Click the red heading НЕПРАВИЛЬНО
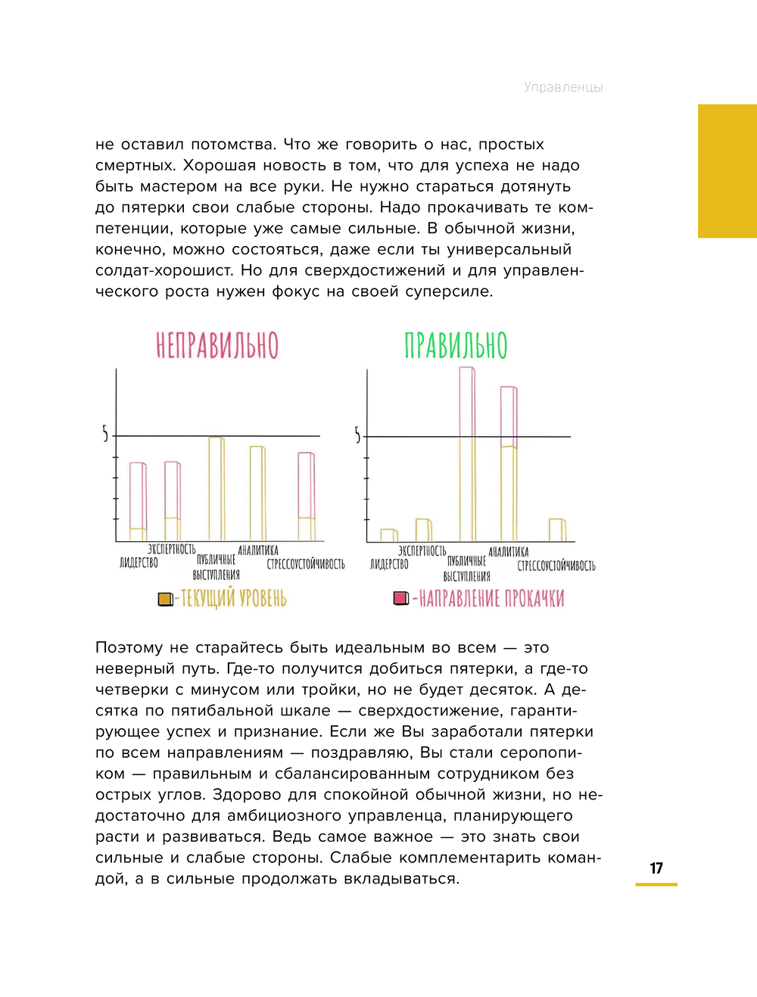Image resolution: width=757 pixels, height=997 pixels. (217, 345)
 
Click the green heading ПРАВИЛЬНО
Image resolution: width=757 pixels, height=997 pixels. (456, 345)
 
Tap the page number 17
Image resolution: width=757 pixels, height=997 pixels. (656, 868)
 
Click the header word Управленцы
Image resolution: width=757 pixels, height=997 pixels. (563, 87)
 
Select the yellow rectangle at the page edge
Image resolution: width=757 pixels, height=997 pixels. (727, 171)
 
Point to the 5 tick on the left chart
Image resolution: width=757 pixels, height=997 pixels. (105, 434)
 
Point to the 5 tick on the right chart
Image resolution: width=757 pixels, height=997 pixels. (357, 435)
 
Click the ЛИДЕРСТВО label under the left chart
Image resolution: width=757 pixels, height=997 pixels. (139, 562)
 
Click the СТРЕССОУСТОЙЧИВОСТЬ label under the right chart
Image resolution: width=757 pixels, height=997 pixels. (556, 565)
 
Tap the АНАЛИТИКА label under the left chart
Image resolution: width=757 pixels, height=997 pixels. (258, 550)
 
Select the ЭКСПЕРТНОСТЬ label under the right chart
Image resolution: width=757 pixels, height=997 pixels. (422, 551)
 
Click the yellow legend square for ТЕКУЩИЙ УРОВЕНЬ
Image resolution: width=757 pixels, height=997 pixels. (165, 600)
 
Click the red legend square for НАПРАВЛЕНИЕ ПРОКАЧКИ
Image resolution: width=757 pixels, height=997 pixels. (401, 599)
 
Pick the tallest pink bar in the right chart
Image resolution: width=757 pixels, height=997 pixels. (467, 454)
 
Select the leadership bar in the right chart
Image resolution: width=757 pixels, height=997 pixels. (388, 535)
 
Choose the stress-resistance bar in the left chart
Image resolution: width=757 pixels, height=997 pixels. (306, 496)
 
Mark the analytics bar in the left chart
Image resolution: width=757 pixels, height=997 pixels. (257, 493)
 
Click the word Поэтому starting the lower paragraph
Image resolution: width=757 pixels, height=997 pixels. (129, 648)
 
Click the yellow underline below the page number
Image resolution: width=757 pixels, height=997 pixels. (656, 884)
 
